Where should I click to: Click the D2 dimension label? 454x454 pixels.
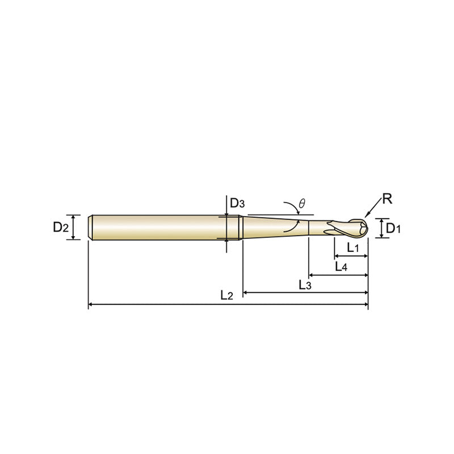pos(61,228)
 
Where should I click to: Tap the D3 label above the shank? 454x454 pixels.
pos(237,203)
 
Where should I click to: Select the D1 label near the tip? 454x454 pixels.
pos(393,229)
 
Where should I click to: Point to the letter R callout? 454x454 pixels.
pos(387,199)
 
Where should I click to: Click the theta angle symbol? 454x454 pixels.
pos(302,204)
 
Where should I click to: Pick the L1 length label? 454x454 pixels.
pos(353,247)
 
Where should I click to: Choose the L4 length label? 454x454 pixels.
pos(341,266)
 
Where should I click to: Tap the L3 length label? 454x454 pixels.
pos(305,285)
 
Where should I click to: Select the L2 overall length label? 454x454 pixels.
pos(226,295)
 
